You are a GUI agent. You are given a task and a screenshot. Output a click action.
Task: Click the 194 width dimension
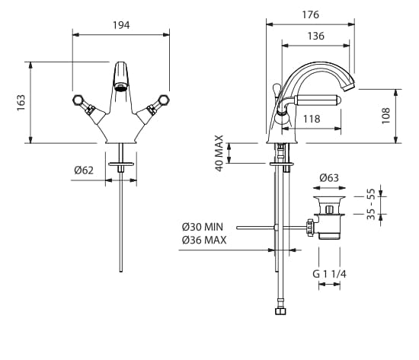point(121,25)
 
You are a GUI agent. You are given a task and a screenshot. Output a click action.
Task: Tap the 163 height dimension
point(21,103)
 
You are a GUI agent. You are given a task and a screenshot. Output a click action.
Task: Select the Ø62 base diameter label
point(84,170)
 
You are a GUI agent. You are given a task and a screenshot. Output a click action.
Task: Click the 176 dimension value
point(311,14)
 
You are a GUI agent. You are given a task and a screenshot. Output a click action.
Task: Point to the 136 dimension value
point(316,36)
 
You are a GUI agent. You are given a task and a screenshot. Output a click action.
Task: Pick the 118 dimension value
point(312,119)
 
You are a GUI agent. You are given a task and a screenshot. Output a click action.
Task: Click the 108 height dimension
point(385,116)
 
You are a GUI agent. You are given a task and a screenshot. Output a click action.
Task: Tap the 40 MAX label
point(219,153)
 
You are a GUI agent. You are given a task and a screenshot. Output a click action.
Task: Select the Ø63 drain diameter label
point(329,178)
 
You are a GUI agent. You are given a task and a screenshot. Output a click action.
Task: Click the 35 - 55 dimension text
point(371,204)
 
